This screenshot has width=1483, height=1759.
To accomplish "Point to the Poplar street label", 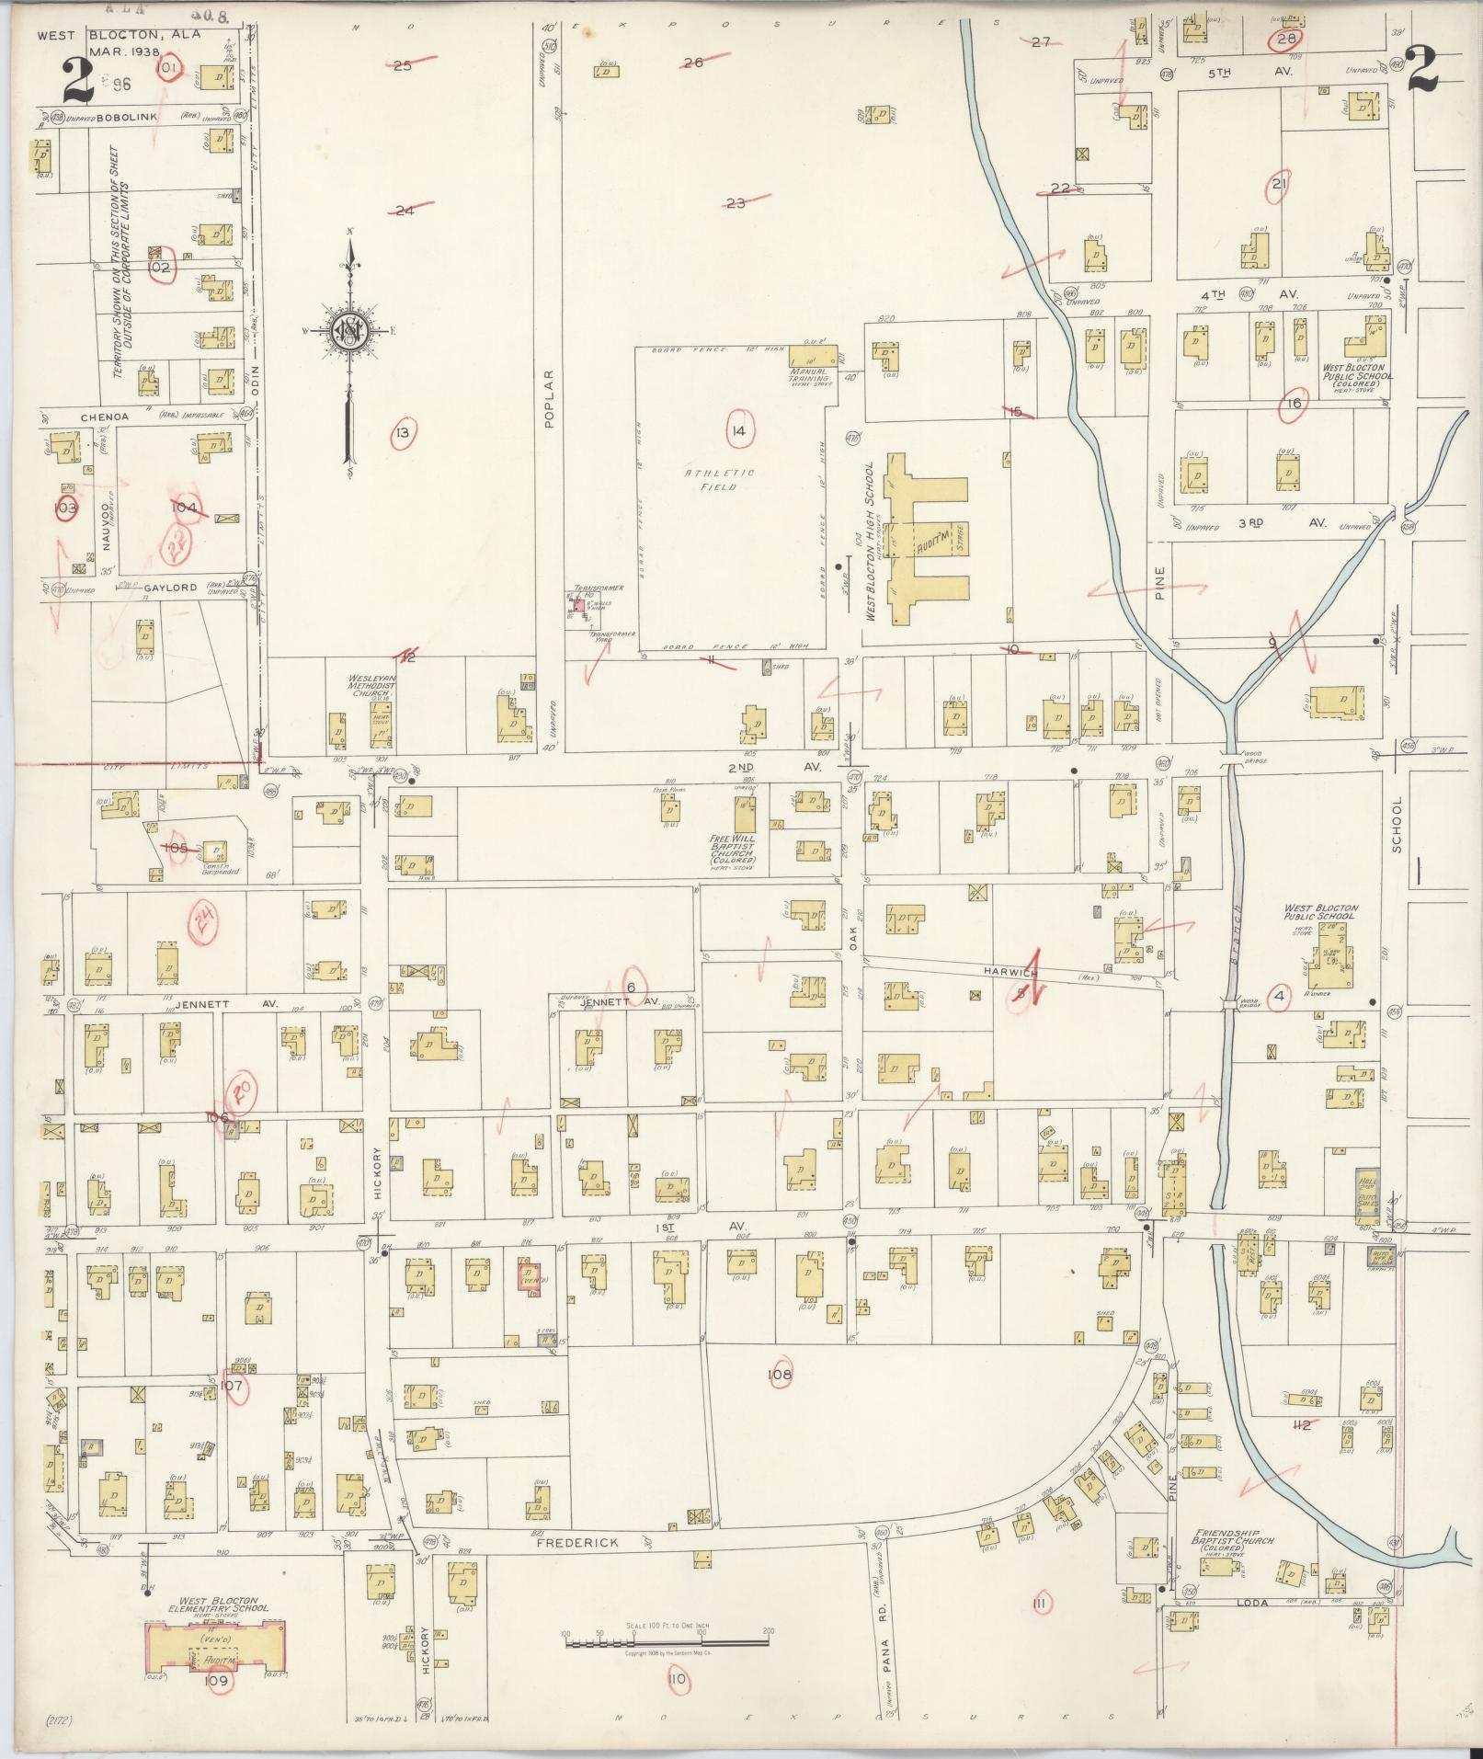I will tap(548, 399).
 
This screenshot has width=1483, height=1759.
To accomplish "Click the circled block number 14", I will tap(737, 431).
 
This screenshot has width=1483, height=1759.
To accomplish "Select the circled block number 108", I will tap(780, 1375).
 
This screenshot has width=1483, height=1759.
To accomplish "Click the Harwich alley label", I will tap(1010, 972).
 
